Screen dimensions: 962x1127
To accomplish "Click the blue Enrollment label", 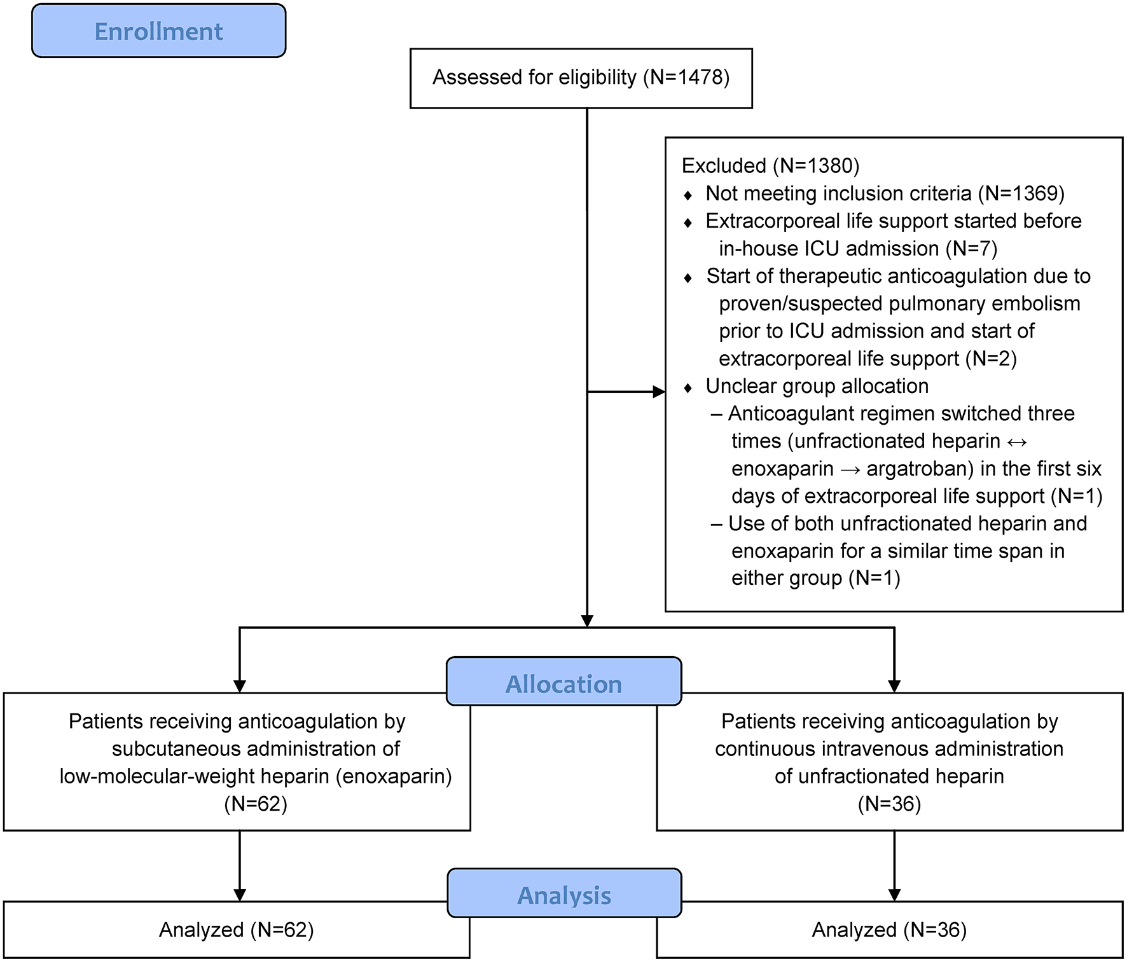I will pos(158,31).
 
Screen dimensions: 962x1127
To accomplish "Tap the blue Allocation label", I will pos(563,684).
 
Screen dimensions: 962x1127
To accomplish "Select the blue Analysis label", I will pos(563,895).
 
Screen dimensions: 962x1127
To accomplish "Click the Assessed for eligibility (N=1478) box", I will pos(581,78).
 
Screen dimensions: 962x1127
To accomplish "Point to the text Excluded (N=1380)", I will pos(770,166).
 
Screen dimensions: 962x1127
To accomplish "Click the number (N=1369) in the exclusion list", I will pos(1021,193).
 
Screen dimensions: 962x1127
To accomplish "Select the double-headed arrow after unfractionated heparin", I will pos(1017,442).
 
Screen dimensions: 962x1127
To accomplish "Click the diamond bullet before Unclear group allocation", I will pos(688,388).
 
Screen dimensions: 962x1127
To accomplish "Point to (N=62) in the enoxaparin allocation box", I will pos(256,804).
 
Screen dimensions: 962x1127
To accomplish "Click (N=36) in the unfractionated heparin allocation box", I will pos(889,804).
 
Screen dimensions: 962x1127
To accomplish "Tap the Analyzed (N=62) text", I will pos(236,930).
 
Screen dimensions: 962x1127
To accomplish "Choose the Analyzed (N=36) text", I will pos(889,930).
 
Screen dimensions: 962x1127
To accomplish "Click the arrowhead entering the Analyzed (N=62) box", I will pos(240,895).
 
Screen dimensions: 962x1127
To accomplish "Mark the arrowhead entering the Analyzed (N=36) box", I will pos(894,895).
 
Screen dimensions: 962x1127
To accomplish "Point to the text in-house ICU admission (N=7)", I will pos(857,249).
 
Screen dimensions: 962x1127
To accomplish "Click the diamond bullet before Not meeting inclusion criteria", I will pos(688,195).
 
